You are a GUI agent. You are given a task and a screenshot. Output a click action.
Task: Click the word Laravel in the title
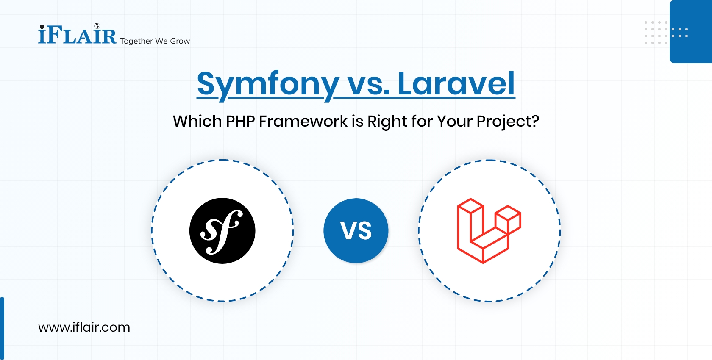click(456, 84)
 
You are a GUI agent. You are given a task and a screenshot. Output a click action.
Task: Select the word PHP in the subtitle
click(240, 122)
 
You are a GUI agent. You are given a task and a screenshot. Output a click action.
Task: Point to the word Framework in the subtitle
click(303, 122)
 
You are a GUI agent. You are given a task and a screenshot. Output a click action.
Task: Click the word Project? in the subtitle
click(507, 122)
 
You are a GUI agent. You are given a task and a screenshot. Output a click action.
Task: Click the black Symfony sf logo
click(222, 231)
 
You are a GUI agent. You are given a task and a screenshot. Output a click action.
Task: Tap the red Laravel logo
click(489, 231)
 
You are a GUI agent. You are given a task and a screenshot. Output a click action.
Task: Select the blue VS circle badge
click(356, 231)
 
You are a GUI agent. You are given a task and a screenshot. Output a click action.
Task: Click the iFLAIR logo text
click(77, 36)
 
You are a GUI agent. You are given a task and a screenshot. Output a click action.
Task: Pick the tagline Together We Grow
click(155, 41)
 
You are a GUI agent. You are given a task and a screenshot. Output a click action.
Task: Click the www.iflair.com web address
click(84, 327)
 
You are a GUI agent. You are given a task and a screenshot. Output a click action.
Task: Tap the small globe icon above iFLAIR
click(97, 26)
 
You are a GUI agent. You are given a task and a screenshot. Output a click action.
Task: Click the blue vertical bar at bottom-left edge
click(2, 328)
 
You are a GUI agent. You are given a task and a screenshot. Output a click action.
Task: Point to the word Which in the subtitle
click(197, 122)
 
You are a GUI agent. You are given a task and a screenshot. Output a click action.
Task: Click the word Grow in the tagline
click(180, 41)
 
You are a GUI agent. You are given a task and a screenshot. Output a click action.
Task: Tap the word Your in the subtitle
click(454, 122)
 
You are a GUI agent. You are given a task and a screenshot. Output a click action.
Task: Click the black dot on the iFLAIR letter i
click(42, 27)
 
